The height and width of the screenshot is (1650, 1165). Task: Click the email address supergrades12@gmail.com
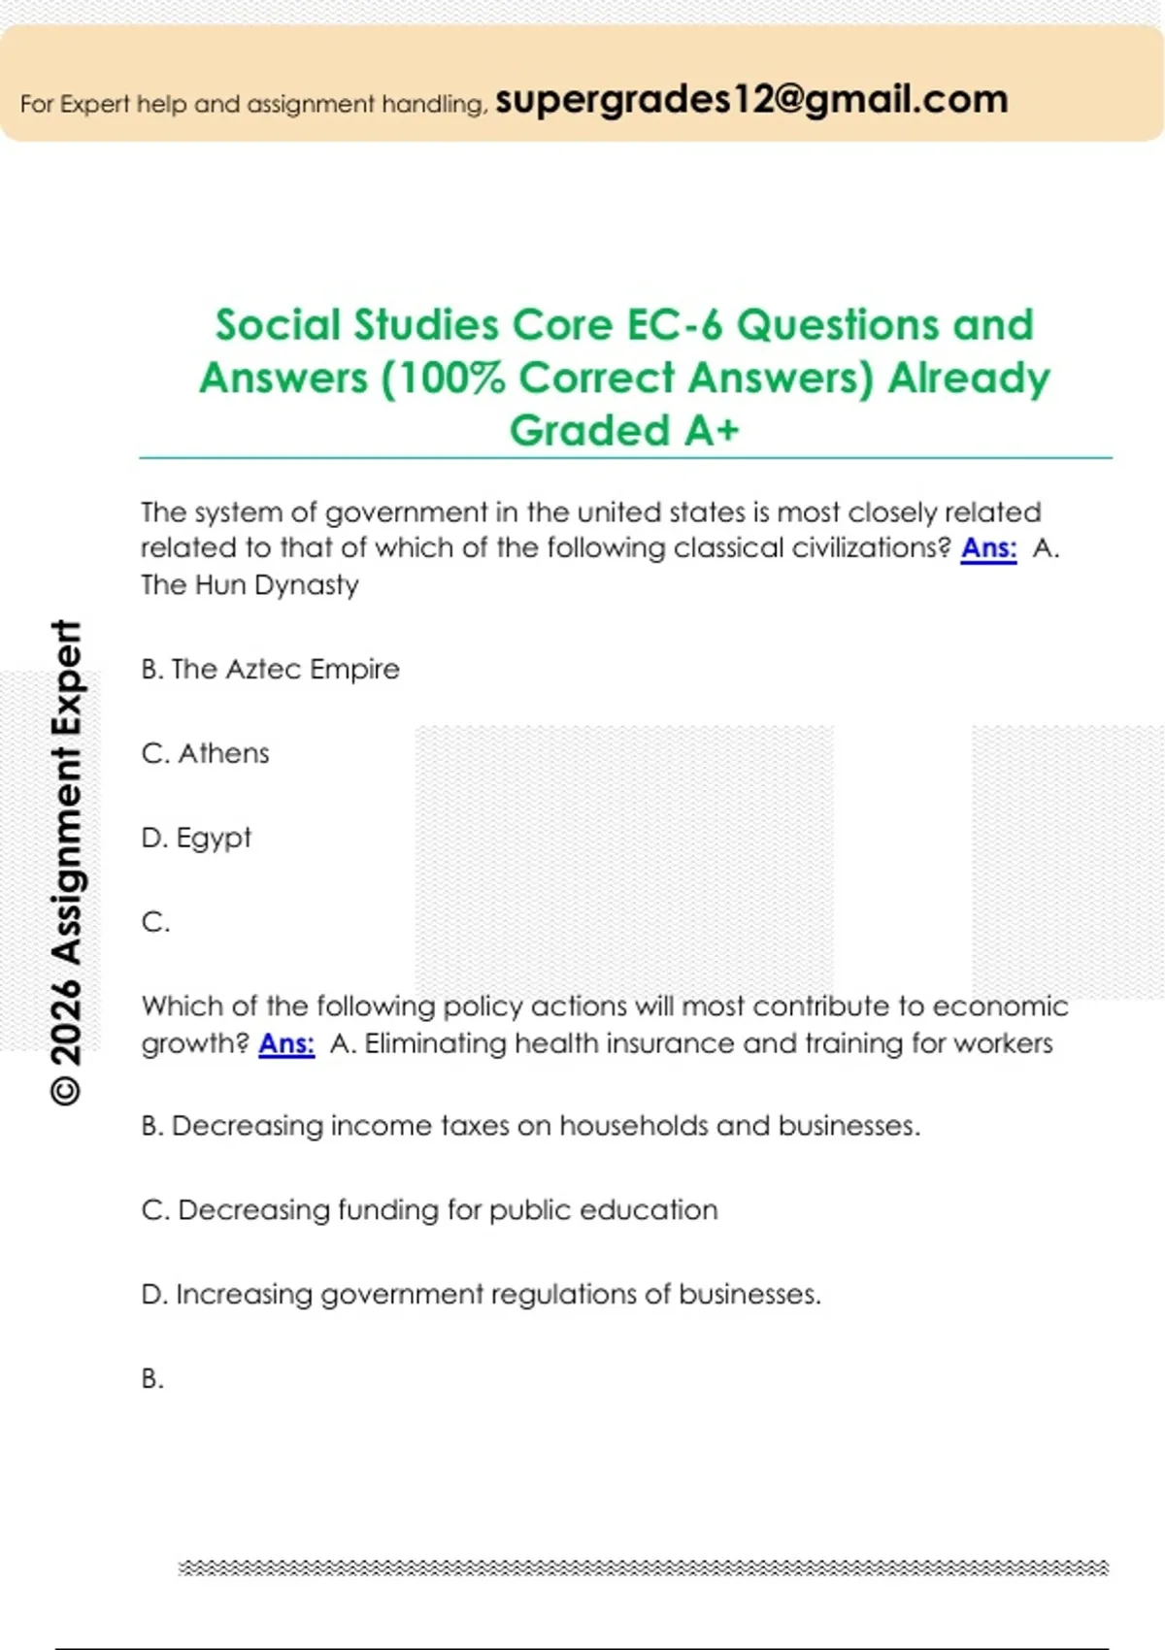(751, 99)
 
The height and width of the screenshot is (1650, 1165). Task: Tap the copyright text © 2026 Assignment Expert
(66, 862)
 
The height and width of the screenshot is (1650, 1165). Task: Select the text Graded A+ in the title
(624, 430)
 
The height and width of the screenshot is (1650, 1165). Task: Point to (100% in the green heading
(444, 378)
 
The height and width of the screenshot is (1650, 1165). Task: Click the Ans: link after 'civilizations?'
(988, 548)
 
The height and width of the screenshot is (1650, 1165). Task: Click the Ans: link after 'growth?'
(286, 1043)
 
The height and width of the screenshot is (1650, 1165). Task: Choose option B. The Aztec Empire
(270, 669)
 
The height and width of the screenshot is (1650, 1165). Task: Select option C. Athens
(205, 753)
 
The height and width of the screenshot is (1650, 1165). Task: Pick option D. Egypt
(196, 838)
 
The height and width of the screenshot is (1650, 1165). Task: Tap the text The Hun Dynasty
(250, 585)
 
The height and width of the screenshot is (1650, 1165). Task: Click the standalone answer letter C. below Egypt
(155, 922)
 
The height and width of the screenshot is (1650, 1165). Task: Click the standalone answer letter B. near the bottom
(152, 1378)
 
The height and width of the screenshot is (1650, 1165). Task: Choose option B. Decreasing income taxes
(530, 1126)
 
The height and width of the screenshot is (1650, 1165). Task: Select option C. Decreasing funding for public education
(429, 1210)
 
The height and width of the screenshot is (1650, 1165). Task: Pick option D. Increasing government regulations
(481, 1295)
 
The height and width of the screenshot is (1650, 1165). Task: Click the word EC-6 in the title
(675, 325)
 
